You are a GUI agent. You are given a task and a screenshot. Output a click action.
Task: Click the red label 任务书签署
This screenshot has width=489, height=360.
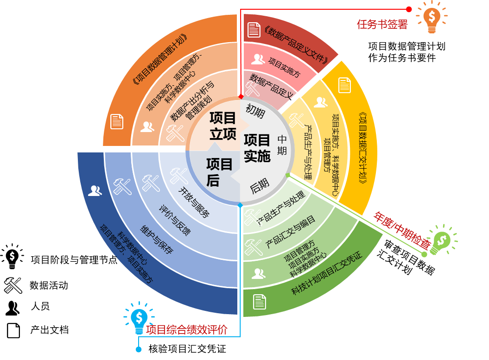[x=382, y=25]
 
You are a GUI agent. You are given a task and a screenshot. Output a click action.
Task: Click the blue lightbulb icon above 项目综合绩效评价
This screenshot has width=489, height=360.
[x=139, y=318]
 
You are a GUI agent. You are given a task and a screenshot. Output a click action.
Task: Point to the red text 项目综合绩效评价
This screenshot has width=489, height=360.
[x=187, y=330]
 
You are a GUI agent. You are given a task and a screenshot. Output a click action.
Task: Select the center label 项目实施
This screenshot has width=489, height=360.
[x=257, y=148]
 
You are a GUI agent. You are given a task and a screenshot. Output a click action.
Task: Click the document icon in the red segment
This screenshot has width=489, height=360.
[x=254, y=30]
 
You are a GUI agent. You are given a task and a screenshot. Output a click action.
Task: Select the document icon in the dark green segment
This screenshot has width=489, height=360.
[x=260, y=302]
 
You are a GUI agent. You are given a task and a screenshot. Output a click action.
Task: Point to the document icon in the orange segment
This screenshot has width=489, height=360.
[x=117, y=121]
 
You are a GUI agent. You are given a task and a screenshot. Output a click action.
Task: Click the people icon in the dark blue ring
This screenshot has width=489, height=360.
[x=95, y=190]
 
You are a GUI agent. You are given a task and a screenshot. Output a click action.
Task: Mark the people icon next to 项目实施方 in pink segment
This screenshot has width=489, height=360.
[x=258, y=59]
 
